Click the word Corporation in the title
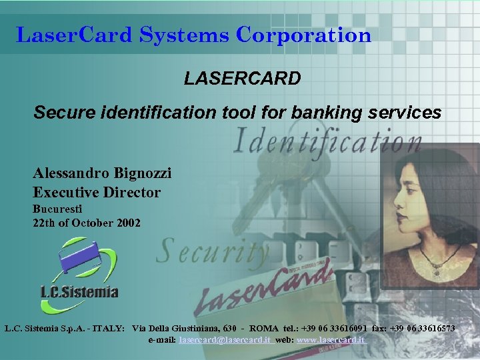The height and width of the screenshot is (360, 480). [303, 35]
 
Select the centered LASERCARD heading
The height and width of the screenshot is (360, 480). [243, 79]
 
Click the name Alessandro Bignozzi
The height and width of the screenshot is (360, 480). [102, 173]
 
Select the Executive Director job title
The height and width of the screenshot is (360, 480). [97, 193]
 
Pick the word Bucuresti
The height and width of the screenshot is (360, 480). [57, 209]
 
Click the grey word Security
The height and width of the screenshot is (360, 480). [213, 253]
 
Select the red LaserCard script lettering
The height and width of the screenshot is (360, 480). [267, 287]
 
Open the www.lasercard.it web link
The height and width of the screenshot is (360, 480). [331, 340]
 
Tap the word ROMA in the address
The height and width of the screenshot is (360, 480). [264, 329]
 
